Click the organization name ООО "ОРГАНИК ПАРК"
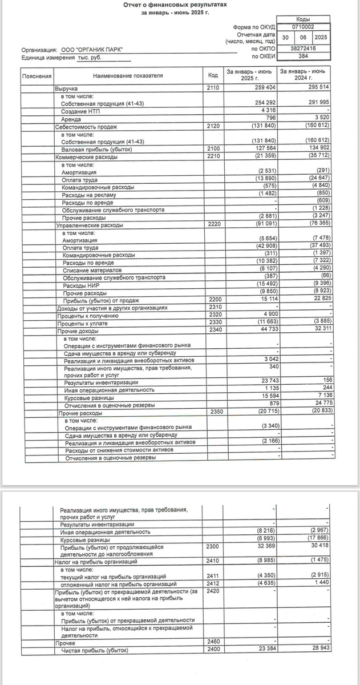tap(91, 50)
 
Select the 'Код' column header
tap(213, 75)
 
